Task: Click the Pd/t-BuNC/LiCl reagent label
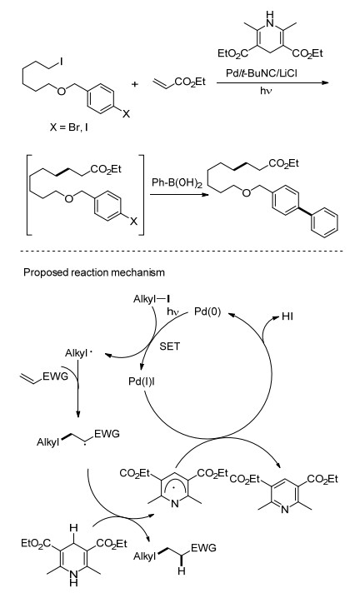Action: coord(261,72)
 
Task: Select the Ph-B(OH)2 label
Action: coord(177,183)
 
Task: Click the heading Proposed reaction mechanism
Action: coord(94,272)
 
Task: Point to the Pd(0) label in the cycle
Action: coord(207,311)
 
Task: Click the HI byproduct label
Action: coord(287,316)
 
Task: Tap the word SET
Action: coord(170,346)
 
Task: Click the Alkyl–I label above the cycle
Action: coord(151,299)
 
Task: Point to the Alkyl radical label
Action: coord(78,353)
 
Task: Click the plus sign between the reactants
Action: coord(135,83)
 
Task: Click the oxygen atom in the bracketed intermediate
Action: coord(68,198)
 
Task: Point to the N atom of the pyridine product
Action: coord(285,510)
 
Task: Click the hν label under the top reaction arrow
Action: coord(265,91)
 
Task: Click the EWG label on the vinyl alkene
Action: coord(55,376)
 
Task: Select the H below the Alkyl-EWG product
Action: coord(182,571)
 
